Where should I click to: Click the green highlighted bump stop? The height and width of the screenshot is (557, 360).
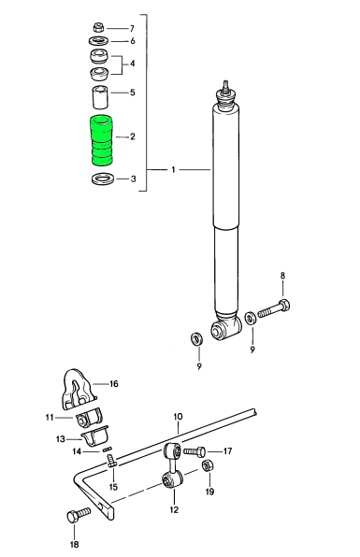[x=102, y=140]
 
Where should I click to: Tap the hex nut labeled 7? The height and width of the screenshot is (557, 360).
[x=98, y=27]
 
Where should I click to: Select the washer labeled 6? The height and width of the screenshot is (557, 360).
[x=99, y=41]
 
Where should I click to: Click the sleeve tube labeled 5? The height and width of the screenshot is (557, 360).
[x=100, y=96]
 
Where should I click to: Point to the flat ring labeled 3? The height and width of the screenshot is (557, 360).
[x=103, y=179]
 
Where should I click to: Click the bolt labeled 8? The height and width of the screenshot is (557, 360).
[x=274, y=308]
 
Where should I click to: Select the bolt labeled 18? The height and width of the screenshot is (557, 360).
[x=79, y=514]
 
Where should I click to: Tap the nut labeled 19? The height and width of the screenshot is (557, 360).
[x=207, y=465]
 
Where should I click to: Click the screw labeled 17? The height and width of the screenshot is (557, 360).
[x=194, y=451]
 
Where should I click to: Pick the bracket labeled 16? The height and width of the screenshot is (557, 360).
[x=79, y=389]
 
